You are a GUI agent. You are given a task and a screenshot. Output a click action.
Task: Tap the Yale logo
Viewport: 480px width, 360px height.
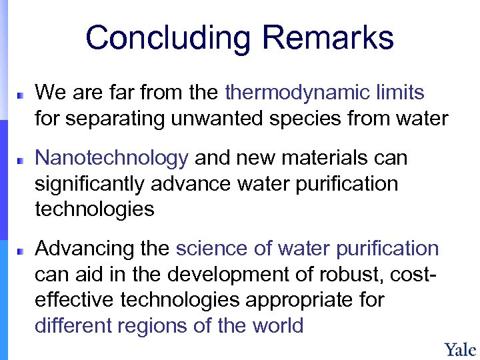click(x=460, y=349)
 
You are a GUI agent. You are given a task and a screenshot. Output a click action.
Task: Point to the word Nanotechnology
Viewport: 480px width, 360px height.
click(x=111, y=158)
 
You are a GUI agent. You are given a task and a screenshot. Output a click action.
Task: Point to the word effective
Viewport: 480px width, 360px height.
click(x=75, y=300)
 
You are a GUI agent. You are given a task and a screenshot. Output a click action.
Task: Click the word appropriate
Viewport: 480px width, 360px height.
click(x=304, y=300)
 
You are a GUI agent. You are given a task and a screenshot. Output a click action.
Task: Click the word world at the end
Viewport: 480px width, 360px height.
click(x=278, y=325)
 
